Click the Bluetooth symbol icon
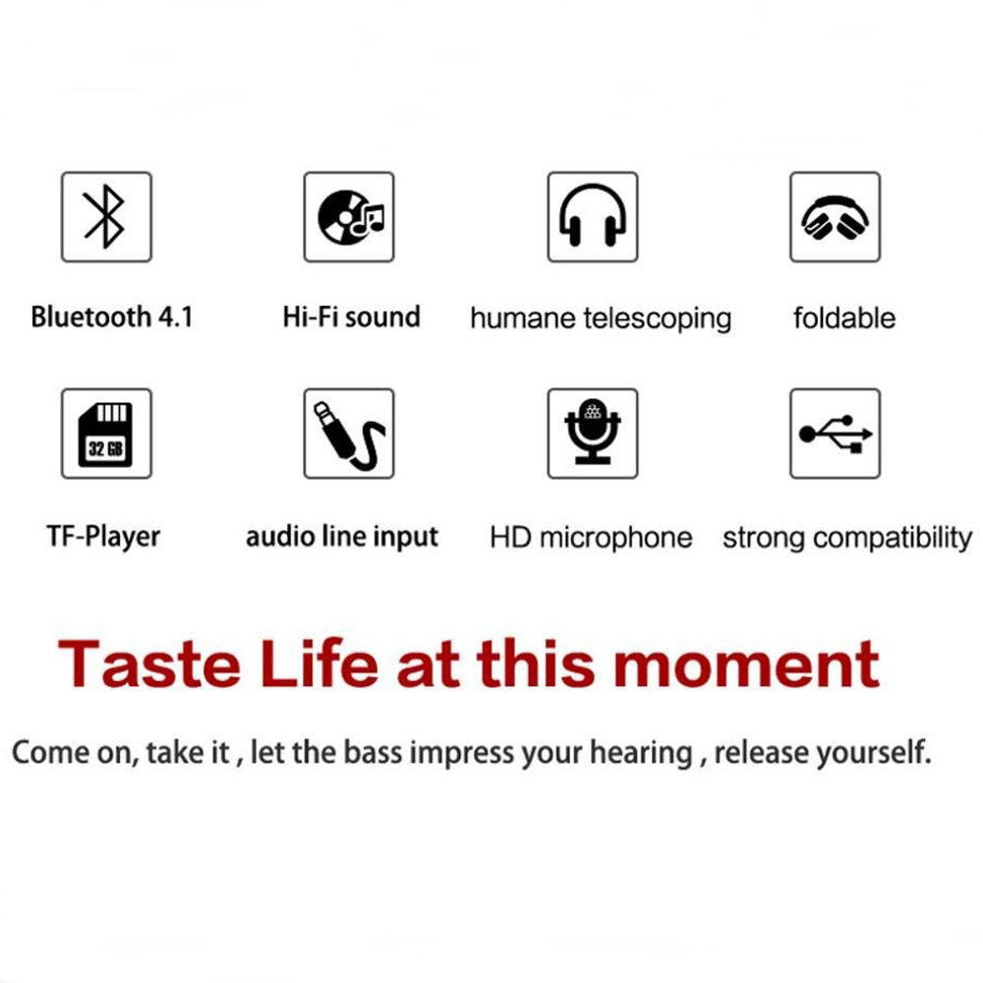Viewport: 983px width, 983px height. [x=106, y=216]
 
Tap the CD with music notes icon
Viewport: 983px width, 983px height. [x=349, y=216]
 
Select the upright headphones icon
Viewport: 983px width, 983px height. [x=593, y=216]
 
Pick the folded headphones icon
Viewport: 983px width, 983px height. [x=835, y=216]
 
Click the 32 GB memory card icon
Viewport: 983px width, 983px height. [x=106, y=434]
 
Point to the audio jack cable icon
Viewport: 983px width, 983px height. [x=349, y=434]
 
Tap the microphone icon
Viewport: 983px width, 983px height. [x=593, y=434]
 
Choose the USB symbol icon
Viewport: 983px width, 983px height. [x=835, y=434]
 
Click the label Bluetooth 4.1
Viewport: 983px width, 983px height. [x=112, y=318]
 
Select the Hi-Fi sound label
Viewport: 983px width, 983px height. [x=351, y=318]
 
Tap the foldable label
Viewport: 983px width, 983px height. [x=844, y=318]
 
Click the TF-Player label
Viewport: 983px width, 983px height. [x=103, y=537]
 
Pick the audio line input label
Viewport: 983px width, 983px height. [x=342, y=537]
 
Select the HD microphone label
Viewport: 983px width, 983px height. [x=591, y=539]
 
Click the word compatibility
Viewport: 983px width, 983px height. [x=893, y=539]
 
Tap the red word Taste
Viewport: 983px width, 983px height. [x=148, y=664]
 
